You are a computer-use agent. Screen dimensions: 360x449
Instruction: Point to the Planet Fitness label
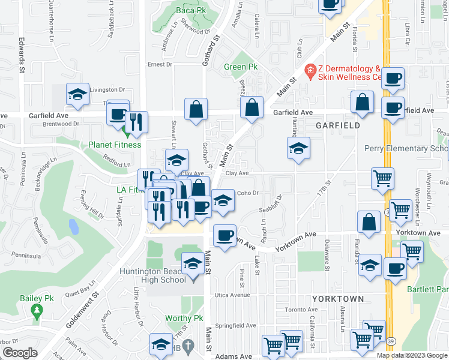115,145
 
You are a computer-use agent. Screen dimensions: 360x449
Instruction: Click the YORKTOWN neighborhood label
338,298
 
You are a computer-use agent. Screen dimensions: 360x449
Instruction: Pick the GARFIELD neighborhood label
338,125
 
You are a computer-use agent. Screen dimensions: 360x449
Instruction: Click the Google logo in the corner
20,353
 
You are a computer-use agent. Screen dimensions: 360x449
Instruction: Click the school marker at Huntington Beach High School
192,265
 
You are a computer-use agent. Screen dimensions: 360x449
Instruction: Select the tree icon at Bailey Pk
37,311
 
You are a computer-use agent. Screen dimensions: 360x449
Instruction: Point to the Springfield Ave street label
236,325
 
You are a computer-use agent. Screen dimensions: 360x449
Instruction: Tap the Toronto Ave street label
300,310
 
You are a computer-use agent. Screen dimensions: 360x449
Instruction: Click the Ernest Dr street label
160,64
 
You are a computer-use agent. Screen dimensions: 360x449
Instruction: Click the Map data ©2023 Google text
412,355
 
